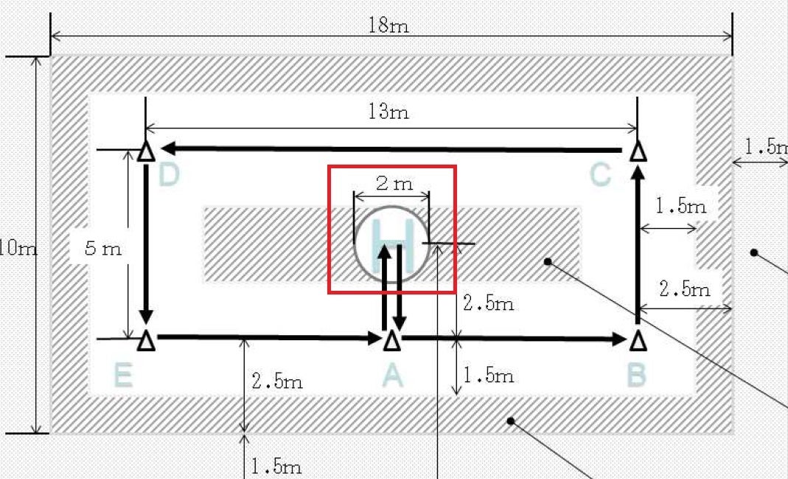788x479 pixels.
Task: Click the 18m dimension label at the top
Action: pos(388,26)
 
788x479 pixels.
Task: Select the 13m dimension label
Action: pos(388,112)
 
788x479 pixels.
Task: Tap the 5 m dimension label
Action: pos(102,248)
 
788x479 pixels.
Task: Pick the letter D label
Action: pos(169,176)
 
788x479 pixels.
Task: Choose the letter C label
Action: pos(601,176)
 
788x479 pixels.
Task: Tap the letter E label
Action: pos(123,376)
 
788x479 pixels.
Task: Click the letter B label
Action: pos(637,376)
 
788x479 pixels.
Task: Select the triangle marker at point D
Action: pos(147,151)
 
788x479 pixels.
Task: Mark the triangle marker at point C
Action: pos(638,152)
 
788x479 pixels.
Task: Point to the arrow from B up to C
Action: pos(638,244)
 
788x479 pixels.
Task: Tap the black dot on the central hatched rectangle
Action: pos(548,261)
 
